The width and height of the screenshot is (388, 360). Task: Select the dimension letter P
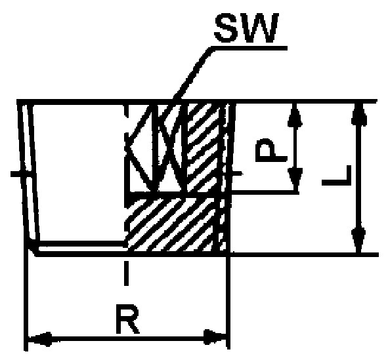coord(271,150)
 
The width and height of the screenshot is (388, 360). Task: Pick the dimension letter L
coord(337,175)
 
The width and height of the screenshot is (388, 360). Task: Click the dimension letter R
coord(127,319)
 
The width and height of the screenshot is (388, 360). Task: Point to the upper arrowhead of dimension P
coord(295,115)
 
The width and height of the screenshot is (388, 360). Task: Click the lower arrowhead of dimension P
coord(295,180)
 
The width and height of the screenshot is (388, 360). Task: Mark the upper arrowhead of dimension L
coord(359,115)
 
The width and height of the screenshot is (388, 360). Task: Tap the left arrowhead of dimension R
coord(40,339)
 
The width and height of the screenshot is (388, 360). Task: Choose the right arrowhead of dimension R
coord(215,337)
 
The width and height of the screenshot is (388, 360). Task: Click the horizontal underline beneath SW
coord(249,48)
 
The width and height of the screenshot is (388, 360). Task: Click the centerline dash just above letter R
coord(126,273)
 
